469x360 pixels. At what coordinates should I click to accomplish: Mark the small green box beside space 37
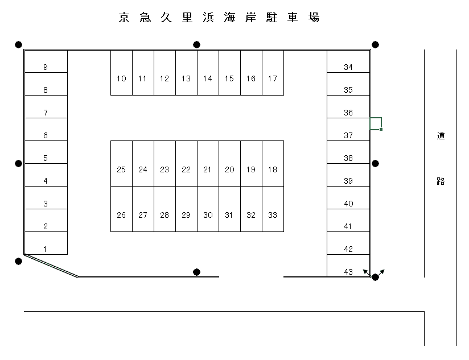(376, 123)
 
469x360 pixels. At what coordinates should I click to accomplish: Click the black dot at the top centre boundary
(197, 44)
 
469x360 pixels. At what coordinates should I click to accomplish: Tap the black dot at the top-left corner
(19, 44)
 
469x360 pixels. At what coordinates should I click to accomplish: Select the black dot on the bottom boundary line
(197, 272)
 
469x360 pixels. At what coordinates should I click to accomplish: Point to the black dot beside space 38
(376, 164)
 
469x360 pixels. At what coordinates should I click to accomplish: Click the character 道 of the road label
(441, 136)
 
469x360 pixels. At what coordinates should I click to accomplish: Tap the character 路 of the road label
(441, 181)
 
